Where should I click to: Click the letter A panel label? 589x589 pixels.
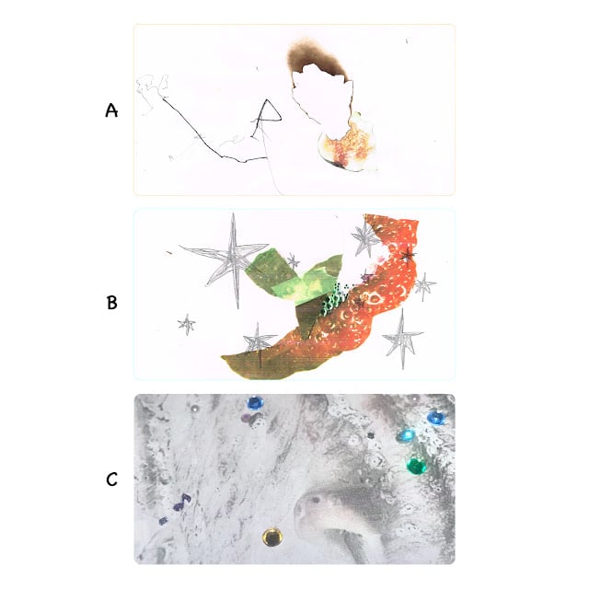click(111, 110)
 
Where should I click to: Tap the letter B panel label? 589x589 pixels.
click(112, 303)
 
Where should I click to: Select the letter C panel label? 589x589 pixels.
click(111, 479)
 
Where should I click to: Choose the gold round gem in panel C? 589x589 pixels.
click(272, 537)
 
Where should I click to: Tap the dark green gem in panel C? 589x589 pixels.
click(416, 466)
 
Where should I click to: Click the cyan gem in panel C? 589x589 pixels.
click(406, 435)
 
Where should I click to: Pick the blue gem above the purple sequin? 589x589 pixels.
click(256, 403)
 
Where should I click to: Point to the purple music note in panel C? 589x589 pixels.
click(182, 502)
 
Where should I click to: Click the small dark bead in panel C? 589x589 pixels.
click(371, 435)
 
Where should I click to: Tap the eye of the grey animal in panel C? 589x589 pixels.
click(315, 500)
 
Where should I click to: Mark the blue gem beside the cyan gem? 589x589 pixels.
click(436, 418)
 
